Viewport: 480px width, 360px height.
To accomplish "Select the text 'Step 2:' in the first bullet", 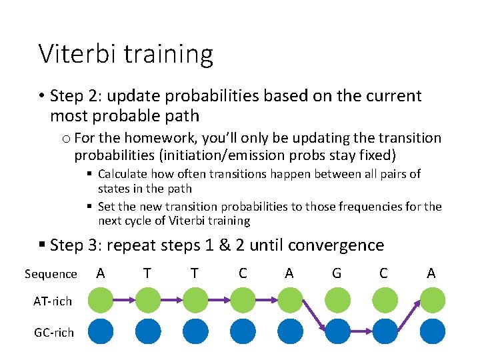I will point(73,96).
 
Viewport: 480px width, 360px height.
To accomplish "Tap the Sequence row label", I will point(51,274).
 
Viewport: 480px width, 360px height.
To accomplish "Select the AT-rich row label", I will point(52,301).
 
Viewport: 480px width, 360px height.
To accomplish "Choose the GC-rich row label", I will point(53,331).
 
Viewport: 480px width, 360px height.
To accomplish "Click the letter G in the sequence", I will point(337,273).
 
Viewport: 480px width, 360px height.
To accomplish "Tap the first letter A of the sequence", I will point(100,273).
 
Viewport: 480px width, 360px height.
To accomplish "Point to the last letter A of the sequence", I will point(431,273).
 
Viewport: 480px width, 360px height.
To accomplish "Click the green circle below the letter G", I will point(337,301).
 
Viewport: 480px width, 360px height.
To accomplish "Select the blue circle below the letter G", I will point(337,331).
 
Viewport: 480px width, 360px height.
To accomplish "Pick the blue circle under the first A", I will point(100,331).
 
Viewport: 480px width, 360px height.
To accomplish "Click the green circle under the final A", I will point(431,301).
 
